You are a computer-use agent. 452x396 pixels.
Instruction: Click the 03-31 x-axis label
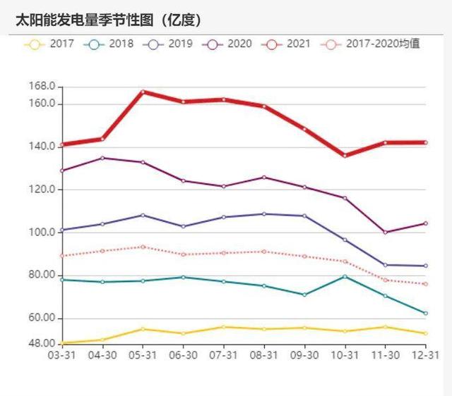(61, 357)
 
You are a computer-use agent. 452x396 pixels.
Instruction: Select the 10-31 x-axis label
(344, 357)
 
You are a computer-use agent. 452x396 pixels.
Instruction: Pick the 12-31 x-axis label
(425, 357)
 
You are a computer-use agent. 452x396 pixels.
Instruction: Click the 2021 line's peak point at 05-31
(143, 92)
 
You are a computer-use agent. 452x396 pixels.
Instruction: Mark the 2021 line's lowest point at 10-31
(345, 155)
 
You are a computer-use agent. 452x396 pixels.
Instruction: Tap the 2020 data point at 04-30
(102, 158)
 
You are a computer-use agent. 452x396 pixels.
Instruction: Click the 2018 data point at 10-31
(345, 276)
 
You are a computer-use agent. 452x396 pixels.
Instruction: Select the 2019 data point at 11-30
(385, 265)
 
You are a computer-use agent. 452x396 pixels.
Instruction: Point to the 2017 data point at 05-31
(143, 329)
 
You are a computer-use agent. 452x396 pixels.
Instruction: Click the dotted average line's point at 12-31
(425, 284)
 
